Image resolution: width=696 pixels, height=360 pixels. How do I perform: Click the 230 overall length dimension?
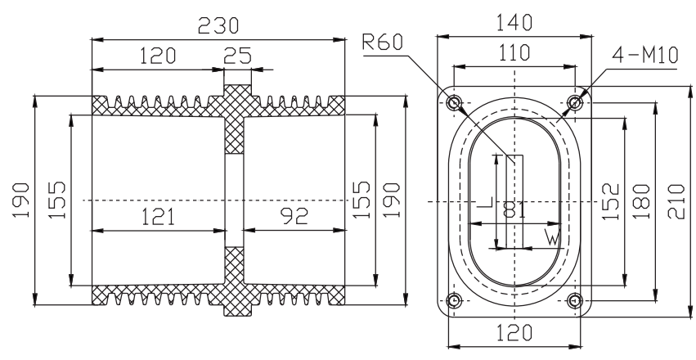(218, 25)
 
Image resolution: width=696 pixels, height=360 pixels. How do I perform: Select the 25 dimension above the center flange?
(237, 56)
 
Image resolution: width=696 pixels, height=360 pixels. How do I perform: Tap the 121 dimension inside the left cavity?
(158, 217)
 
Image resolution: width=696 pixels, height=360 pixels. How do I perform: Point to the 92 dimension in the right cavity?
(294, 216)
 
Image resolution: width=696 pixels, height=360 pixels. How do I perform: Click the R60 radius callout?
(383, 43)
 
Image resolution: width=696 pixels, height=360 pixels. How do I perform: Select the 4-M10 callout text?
(645, 55)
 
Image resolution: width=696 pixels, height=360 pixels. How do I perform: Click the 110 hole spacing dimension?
(514, 53)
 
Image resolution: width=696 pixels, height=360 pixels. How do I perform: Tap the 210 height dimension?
(676, 201)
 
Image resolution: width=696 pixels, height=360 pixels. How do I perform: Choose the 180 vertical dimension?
(640, 202)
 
